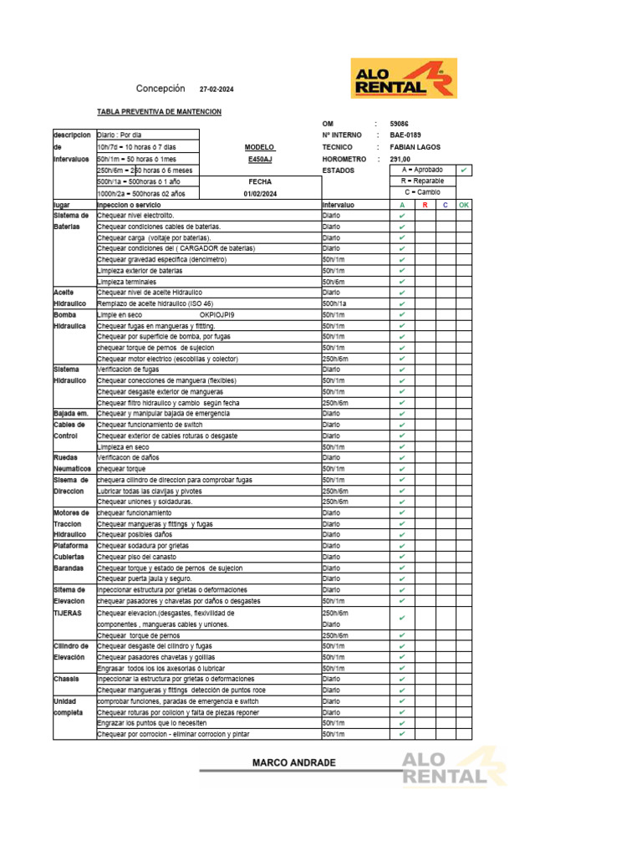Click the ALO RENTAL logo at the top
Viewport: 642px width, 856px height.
pos(403,78)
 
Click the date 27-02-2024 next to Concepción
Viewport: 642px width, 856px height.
pos(217,89)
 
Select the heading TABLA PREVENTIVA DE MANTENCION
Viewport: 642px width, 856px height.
pos(159,111)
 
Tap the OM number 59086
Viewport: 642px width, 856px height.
pos(411,123)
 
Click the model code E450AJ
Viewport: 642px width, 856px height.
pos(260,159)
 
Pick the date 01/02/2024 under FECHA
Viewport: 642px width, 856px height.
pos(260,194)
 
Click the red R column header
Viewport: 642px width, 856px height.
pos(425,205)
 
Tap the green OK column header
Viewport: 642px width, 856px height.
pos(464,205)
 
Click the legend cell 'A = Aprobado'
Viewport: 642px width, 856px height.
pos(423,170)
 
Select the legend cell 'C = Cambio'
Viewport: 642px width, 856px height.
pos(423,192)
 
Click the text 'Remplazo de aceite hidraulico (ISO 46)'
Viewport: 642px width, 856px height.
pos(155,303)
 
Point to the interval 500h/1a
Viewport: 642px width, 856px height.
pos(334,303)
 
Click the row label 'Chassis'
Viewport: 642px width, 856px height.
pos(66,679)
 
